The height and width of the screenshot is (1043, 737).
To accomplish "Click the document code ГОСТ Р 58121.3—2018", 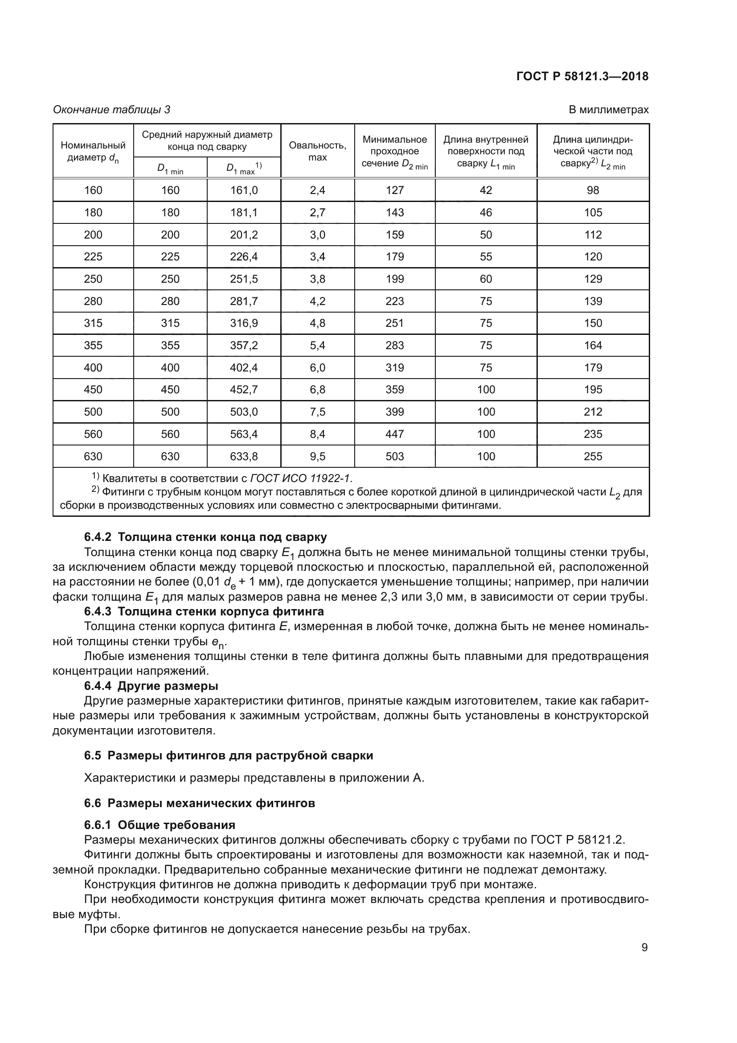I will (x=582, y=76).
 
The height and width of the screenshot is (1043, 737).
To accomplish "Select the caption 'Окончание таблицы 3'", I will (x=112, y=110).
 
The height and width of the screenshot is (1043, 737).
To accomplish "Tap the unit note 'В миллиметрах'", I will (x=608, y=110).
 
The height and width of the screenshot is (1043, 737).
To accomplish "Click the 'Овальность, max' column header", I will (x=317, y=151).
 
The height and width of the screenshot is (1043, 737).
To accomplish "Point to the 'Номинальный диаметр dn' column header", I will (x=93, y=151).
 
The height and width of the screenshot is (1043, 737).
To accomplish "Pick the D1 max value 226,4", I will (x=244, y=257).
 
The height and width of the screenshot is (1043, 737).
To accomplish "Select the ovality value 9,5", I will (x=317, y=456).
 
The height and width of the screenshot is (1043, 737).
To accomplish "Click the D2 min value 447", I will (x=394, y=434).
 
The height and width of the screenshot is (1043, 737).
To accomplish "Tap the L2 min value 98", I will (x=593, y=190).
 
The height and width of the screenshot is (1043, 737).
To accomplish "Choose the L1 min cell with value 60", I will (x=486, y=279).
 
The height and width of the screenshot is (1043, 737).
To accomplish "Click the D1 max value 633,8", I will (x=244, y=456).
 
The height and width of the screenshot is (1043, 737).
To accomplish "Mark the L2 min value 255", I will (x=593, y=456).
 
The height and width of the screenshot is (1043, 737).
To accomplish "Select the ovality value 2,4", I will (x=317, y=190).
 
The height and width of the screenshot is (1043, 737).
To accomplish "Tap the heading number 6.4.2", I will (x=98, y=537).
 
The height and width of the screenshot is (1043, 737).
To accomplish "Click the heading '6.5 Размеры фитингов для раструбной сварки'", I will (x=229, y=755).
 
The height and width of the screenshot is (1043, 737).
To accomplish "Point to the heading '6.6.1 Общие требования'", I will (x=160, y=825).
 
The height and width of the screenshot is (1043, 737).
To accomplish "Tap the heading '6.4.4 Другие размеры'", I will (x=151, y=685).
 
